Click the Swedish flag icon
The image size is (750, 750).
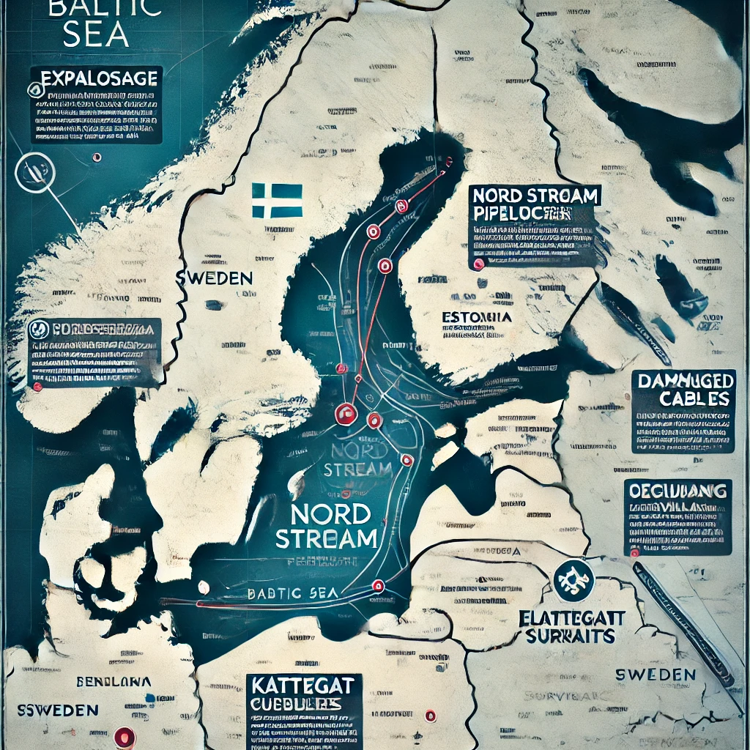click(x=277, y=200)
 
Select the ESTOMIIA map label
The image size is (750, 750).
click(x=477, y=317)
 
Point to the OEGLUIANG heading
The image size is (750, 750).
click(x=677, y=490)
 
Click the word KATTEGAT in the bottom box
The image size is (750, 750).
click(x=303, y=686)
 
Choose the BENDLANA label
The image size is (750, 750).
click(x=114, y=681)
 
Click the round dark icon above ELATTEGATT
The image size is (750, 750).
click(x=573, y=578)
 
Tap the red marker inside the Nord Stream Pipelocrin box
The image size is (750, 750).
click(x=479, y=264)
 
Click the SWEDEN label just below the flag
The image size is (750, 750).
click(x=214, y=278)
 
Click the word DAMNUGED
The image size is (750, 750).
click(x=683, y=380)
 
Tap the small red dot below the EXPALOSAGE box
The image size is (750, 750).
click(x=96, y=157)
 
